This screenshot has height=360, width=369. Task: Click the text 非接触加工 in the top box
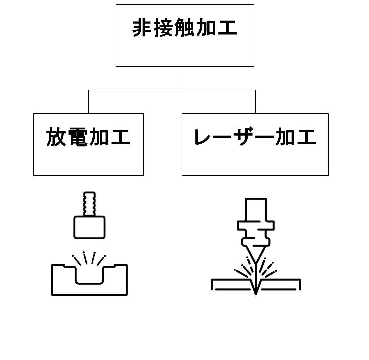(185, 28)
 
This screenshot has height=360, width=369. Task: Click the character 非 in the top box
(142, 28)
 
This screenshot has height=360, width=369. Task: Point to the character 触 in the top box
(185, 28)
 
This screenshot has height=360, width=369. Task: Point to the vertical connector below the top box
(185, 78)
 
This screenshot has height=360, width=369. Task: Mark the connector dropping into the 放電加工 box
(89, 102)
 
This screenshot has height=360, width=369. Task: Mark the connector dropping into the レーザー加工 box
(255, 102)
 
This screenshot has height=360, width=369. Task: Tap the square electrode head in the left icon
(90, 227)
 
